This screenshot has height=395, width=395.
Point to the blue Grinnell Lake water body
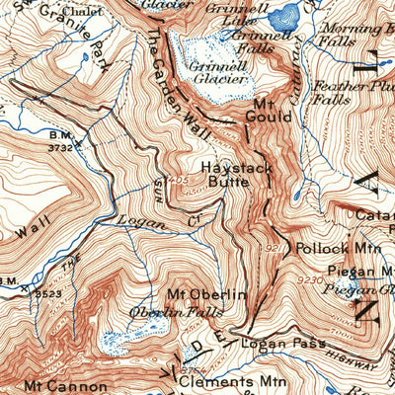pos(285,14)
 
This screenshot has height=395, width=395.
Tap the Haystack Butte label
pos(237,176)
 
